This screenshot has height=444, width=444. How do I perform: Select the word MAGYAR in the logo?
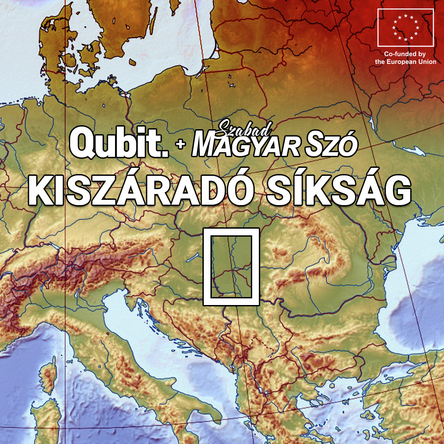tap(242, 146)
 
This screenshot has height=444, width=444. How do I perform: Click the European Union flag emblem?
tap(405, 27)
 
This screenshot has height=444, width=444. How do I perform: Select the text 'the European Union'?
tap(405, 62)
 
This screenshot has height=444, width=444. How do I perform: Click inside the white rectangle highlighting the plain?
tap(231, 266)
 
